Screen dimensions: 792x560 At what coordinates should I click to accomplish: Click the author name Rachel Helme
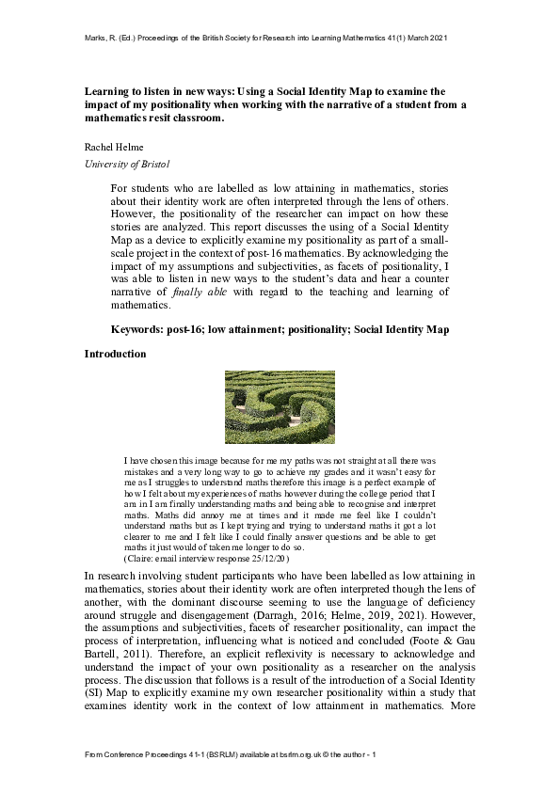(x=113, y=148)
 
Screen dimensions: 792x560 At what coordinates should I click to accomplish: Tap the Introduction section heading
(x=116, y=354)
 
